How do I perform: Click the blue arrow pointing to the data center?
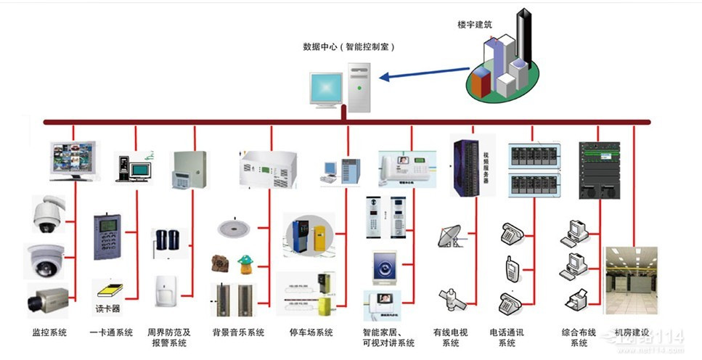tap(425, 73)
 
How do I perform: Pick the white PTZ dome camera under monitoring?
tap(48, 213)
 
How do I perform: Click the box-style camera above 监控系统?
tap(46, 299)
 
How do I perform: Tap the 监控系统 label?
tap(49, 332)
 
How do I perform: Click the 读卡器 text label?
tap(107, 309)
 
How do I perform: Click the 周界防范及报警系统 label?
tap(169, 337)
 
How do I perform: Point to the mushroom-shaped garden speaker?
tap(245, 262)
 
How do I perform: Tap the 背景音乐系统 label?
tap(238, 332)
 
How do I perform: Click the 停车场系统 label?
tap(310, 332)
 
